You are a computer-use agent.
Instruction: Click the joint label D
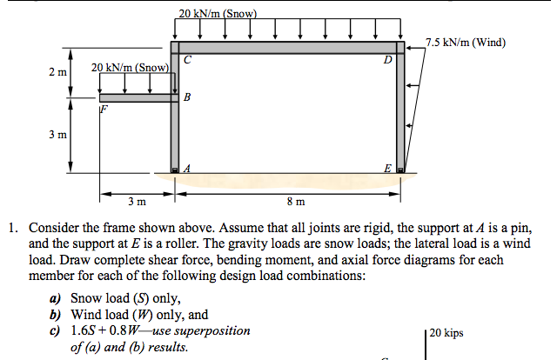pyautogui.click(x=387, y=61)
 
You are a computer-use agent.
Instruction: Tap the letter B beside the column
pyautogui.click(x=187, y=97)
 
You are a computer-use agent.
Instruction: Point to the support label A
pyautogui.click(x=186, y=169)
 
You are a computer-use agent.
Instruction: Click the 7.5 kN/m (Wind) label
pyautogui.click(x=466, y=42)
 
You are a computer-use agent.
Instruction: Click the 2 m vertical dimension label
pyautogui.click(x=58, y=72)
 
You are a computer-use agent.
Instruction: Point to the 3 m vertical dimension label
pyautogui.click(x=58, y=136)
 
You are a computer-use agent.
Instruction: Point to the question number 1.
pyautogui.click(x=12, y=230)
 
